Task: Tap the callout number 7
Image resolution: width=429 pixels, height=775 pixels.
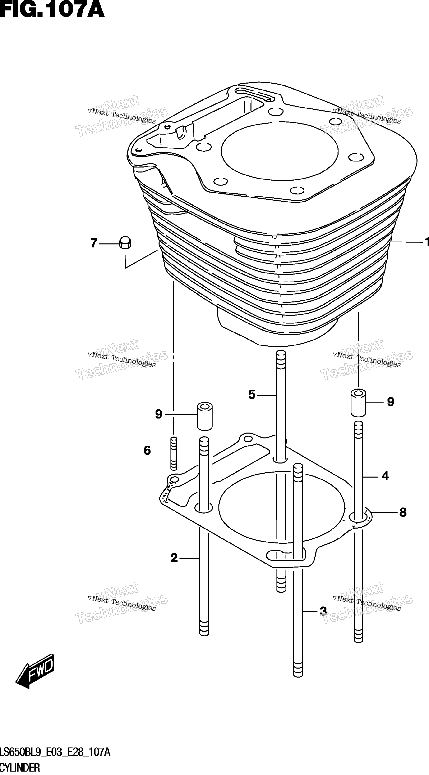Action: (x=94, y=243)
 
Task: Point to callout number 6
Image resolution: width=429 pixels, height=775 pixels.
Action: (x=147, y=451)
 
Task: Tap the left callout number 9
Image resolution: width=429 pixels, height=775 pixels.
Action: (x=159, y=414)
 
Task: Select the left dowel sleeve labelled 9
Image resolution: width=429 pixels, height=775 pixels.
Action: (x=205, y=416)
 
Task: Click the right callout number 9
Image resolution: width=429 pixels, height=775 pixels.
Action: (x=391, y=402)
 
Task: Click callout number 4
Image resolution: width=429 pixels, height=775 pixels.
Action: (x=385, y=476)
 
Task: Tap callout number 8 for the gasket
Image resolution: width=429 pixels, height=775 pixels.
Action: (x=403, y=512)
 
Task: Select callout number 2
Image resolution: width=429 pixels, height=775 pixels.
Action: (x=174, y=558)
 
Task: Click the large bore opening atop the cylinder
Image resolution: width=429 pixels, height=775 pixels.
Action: (x=279, y=151)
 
